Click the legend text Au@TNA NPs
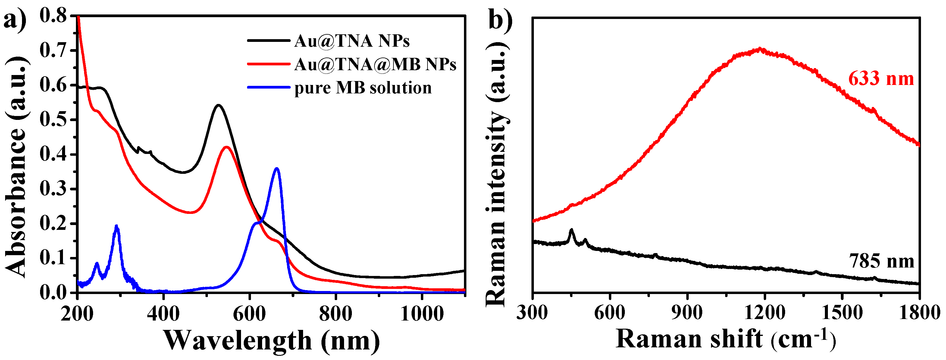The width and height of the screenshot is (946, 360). coord(352,41)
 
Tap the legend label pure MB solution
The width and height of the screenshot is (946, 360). coord(363,88)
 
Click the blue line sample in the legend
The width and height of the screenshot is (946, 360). coord(268,87)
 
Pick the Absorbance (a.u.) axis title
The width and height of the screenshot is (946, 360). coord(17,167)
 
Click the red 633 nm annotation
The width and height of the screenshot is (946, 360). coord(881,79)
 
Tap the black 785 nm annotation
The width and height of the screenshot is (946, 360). coord(881,261)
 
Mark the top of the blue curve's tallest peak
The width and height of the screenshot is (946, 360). coord(277,169)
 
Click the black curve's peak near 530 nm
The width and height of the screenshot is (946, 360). coord(218,105)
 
